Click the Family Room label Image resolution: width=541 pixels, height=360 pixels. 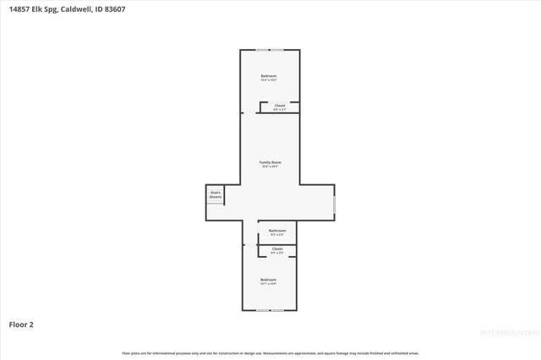tap(270, 161)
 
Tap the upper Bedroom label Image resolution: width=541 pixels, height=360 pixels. tap(269, 76)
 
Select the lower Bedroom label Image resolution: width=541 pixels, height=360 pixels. tap(269, 279)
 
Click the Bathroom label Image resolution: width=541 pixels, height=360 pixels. tap(278, 230)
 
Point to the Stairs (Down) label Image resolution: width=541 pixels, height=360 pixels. tap(216, 194)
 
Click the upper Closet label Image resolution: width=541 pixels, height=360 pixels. tap(280, 106)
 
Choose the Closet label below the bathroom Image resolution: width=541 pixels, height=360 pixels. tap(277, 248)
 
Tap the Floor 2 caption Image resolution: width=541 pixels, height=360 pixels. tap(21, 324)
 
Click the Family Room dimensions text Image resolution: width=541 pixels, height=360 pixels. tap(270, 166)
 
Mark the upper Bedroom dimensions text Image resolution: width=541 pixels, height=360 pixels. tap(269, 80)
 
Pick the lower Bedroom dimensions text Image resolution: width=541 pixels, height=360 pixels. tap(269, 283)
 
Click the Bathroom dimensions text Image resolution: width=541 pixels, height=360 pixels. tap(278, 234)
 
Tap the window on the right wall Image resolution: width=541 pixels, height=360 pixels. tap(335, 204)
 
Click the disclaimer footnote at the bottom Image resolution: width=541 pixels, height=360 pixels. tap(270, 352)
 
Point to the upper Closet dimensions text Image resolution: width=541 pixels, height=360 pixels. tap(280, 110)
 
